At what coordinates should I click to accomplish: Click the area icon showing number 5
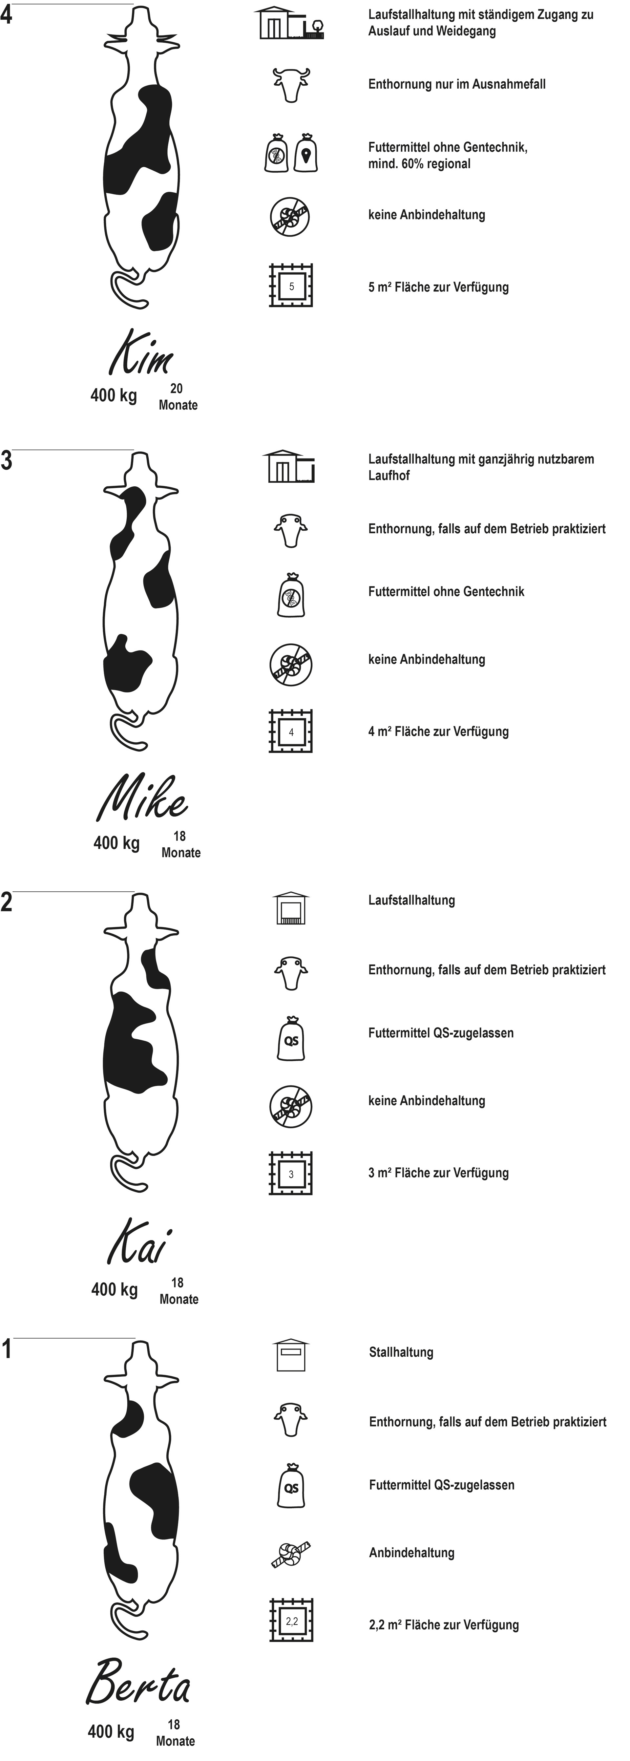[291, 286]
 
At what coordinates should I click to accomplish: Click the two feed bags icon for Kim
[291, 152]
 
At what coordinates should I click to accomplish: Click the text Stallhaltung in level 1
[401, 1351]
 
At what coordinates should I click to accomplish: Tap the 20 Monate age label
[178, 396]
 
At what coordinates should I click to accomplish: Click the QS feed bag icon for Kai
[291, 1038]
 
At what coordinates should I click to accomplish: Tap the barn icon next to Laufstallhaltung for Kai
[291, 908]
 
